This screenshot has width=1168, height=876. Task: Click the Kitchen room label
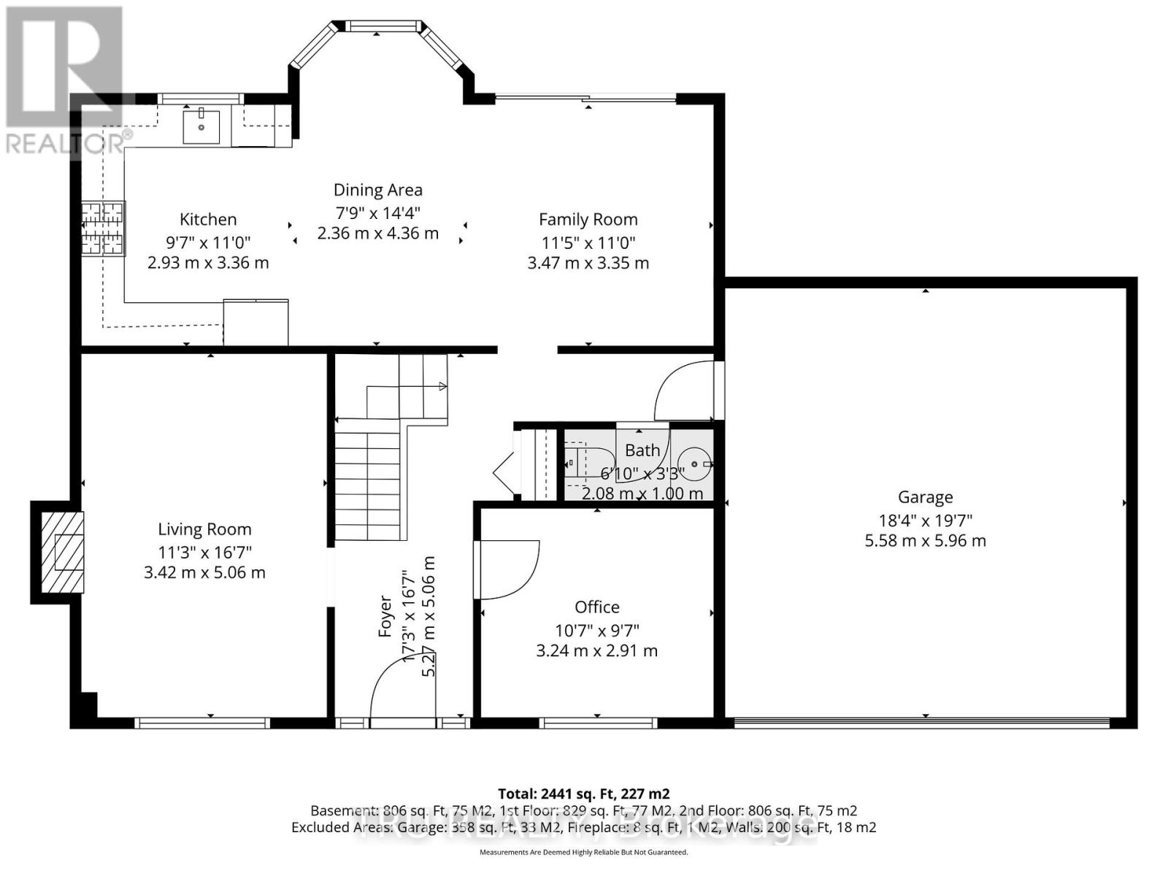208,219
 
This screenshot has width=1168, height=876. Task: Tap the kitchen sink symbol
201,127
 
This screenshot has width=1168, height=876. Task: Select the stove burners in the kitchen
102,228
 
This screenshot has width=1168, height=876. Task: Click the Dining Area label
377,190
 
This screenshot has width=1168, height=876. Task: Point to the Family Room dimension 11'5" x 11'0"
588,242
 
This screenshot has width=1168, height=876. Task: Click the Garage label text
925,497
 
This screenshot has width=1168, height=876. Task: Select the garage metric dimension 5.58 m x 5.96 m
925,541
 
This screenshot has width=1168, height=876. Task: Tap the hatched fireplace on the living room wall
62,552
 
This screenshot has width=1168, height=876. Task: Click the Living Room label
204,529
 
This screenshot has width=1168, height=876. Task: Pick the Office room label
596,607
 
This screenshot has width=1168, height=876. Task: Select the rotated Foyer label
385,616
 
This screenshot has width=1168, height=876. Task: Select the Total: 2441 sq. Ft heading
583,794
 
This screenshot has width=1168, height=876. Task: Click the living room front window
202,723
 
